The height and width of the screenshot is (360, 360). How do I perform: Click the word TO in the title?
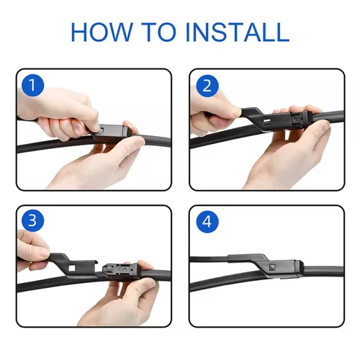(169, 32)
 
